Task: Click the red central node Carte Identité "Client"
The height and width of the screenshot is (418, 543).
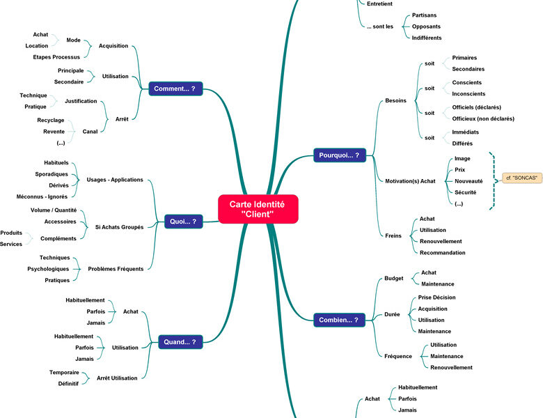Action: pyautogui.click(x=258, y=209)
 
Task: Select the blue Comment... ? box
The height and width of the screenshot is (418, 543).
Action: pyautogui.click(x=175, y=88)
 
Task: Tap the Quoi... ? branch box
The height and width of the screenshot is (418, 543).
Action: pyautogui.click(x=184, y=222)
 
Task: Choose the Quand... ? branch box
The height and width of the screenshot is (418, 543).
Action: pyautogui.click(x=180, y=342)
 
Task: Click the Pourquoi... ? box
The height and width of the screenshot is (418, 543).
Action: pyautogui.click(x=340, y=155)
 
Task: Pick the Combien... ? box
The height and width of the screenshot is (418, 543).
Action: pyautogui.click(x=340, y=320)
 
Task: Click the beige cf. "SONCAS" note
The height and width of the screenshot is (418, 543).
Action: pyautogui.click(x=522, y=178)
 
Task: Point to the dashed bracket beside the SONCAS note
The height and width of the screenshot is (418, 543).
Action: pyautogui.click(x=493, y=180)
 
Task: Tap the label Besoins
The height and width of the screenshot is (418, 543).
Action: pyautogui.click(x=396, y=100)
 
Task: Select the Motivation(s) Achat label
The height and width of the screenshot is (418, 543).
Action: pyautogui.click(x=410, y=181)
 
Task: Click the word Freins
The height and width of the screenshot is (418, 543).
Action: pyautogui.click(x=393, y=235)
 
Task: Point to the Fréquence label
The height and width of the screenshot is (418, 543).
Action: pyautogui.click(x=398, y=356)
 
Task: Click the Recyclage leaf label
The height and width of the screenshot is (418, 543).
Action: pyautogui.click(x=51, y=121)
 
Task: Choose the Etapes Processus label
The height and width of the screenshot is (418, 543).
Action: pyautogui.click(x=56, y=57)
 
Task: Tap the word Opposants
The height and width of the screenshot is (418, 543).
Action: pyautogui.click(x=426, y=26)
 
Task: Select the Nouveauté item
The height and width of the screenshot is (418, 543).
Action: pyautogui.click(x=469, y=181)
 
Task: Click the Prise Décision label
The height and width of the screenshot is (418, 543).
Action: pyautogui.click(x=436, y=297)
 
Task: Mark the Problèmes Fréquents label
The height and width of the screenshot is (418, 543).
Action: pyautogui.click(x=116, y=269)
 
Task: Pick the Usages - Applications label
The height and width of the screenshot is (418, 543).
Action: pyautogui.click(x=115, y=180)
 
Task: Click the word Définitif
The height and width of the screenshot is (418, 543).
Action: pyautogui.click(x=68, y=384)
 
